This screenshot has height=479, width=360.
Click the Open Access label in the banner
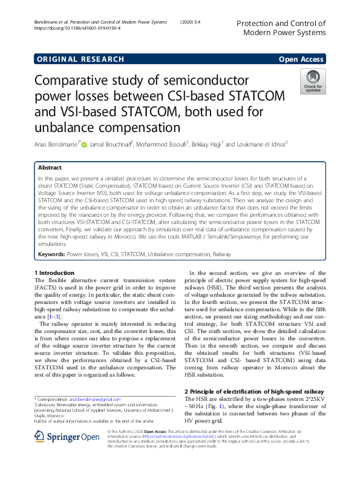301,59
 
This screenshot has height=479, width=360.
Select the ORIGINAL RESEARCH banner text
80,59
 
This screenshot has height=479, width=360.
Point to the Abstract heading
50,167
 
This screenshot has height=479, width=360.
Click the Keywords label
51,256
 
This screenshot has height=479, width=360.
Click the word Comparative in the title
74,81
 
